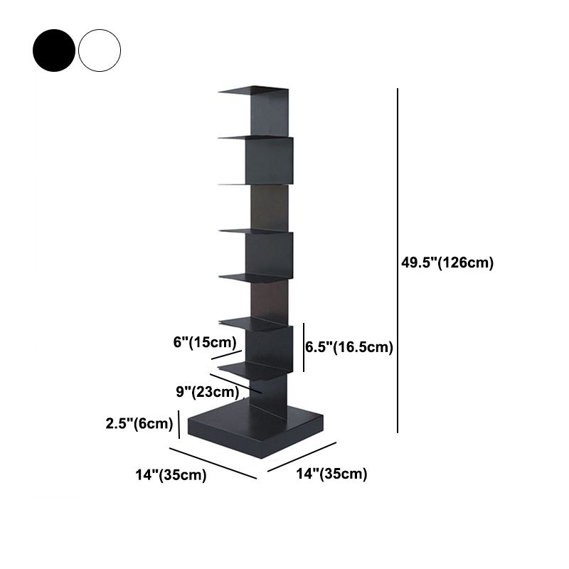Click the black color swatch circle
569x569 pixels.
(x=53, y=49)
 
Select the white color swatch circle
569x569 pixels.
(x=100, y=49)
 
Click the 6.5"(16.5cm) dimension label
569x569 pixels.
(x=349, y=347)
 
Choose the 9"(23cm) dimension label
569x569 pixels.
(x=207, y=391)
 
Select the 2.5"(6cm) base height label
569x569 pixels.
(x=139, y=424)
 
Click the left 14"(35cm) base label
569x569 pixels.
(x=172, y=475)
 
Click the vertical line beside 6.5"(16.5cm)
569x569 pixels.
(x=304, y=346)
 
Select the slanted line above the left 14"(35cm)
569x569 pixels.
(x=212, y=462)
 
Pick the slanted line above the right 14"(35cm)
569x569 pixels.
(x=302, y=457)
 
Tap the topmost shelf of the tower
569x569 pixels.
(x=252, y=90)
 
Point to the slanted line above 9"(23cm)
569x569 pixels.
(x=235, y=383)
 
